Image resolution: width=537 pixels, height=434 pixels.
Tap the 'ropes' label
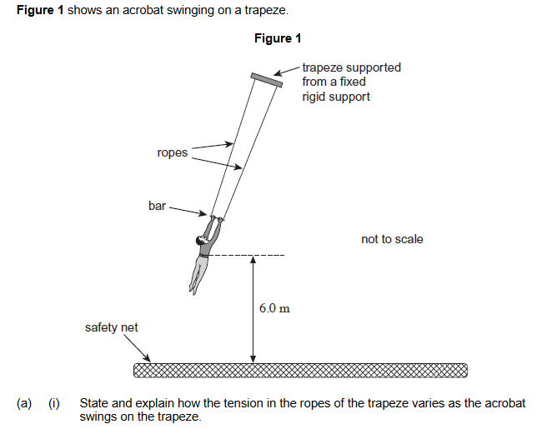(x=172, y=152)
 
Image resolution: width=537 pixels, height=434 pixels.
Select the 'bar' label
(x=157, y=205)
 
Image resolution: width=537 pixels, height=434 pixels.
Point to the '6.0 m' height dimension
(x=274, y=308)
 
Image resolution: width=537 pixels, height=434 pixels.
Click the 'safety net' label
(x=112, y=327)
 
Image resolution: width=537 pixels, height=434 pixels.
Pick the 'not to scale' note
(x=392, y=239)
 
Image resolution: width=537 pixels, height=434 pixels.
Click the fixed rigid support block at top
(x=268, y=78)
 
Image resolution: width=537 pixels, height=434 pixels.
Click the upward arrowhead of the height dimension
(x=253, y=260)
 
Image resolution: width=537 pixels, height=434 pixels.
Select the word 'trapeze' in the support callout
(x=324, y=67)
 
